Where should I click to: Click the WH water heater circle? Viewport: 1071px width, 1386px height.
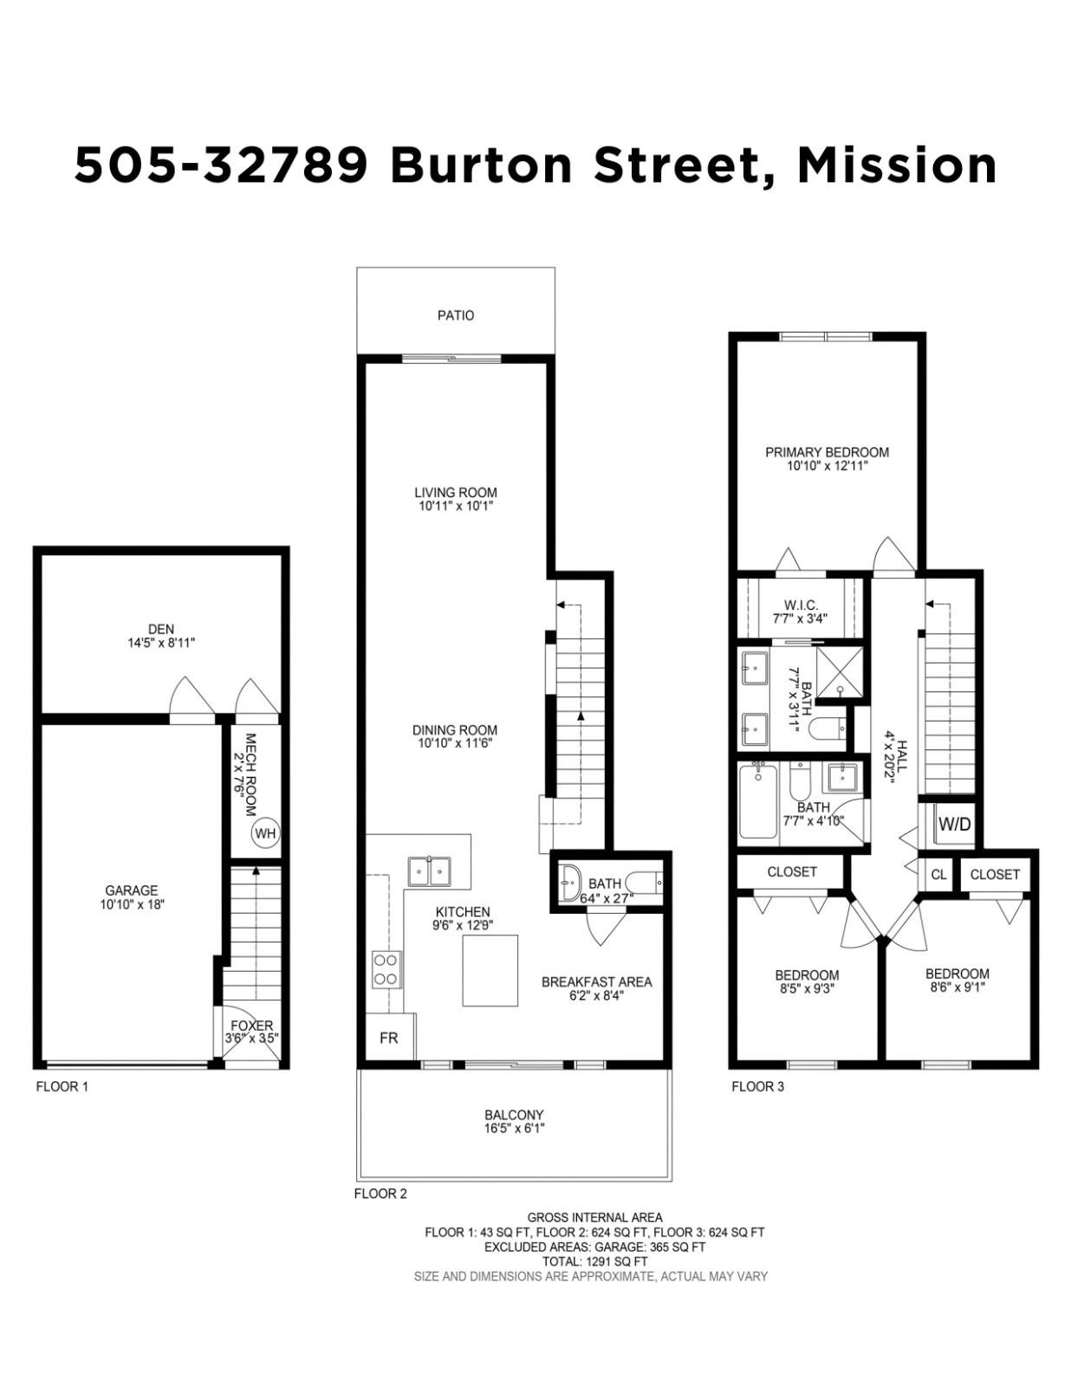[x=265, y=833]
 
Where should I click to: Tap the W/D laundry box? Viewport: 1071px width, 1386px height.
[x=954, y=824]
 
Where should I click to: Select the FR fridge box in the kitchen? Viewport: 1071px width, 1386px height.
[x=389, y=1038]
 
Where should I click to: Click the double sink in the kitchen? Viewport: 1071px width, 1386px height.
[x=429, y=871]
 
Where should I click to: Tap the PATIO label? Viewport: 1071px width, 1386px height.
[x=456, y=315]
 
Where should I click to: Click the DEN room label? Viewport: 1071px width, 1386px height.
[x=161, y=629]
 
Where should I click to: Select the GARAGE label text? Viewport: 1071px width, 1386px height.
[x=132, y=891]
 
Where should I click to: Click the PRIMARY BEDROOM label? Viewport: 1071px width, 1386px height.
[x=827, y=452]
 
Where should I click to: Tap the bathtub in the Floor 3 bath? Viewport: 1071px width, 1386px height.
[x=758, y=802]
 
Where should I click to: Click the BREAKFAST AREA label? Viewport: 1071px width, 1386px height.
[x=596, y=982]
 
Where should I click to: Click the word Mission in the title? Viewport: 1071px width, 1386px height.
[x=896, y=165]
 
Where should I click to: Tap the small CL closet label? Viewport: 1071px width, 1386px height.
[x=939, y=874]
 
